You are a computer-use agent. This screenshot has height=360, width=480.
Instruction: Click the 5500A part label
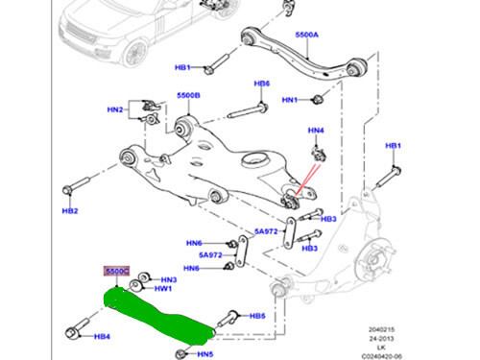[x=306, y=36]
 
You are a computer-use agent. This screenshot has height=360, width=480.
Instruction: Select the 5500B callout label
[x=188, y=96]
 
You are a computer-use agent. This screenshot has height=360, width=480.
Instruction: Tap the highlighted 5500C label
[x=116, y=273]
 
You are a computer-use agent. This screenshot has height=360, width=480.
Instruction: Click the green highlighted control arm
[x=158, y=314]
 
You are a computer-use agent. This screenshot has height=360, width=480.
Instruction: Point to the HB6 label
[x=261, y=84]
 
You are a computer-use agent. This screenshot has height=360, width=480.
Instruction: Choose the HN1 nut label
[x=290, y=100]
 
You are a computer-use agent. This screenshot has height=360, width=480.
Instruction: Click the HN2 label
[x=115, y=110]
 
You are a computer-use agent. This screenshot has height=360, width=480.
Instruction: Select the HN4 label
[x=316, y=130]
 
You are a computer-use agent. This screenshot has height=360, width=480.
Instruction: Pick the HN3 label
[x=168, y=278]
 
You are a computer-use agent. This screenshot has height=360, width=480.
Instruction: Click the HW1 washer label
[x=163, y=288]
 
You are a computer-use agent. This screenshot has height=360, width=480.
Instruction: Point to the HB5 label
[x=256, y=316]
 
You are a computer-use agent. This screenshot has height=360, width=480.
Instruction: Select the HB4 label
[x=102, y=337]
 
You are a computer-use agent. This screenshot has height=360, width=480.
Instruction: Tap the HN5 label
[x=205, y=353]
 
